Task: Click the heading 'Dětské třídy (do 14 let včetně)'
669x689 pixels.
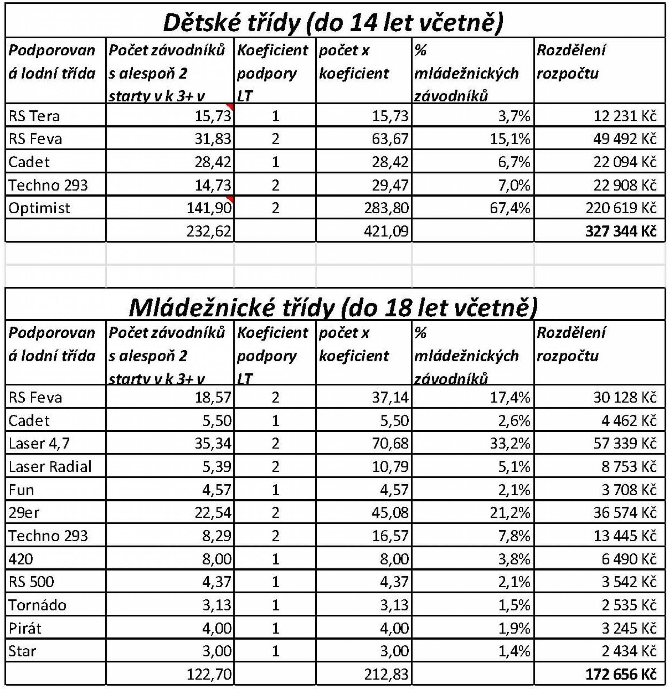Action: point(333,23)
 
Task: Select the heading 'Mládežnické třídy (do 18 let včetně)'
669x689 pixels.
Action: point(333,307)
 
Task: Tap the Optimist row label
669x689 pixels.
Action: point(39,208)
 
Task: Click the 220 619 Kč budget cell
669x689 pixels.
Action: point(621,208)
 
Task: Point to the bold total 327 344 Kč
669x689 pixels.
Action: point(621,231)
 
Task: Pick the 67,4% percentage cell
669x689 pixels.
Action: point(509,208)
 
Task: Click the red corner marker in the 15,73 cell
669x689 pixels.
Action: point(230,106)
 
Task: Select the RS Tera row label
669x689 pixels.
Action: point(34,116)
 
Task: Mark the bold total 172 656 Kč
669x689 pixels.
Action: point(621,674)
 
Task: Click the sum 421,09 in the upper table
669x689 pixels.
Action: point(386,231)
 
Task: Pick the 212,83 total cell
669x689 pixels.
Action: point(386,674)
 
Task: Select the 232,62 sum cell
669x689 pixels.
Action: point(209,231)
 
